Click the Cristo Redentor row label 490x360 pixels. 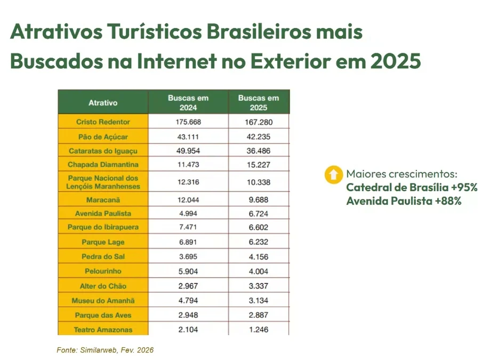[103, 122]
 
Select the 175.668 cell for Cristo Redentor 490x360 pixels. [188, 122]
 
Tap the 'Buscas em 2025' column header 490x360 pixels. [259, 102]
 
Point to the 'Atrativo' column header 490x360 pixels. [103, 102]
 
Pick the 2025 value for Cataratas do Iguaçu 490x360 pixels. [259, 151]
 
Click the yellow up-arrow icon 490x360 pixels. [333, 174]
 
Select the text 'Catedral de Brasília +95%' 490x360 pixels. [411, 188]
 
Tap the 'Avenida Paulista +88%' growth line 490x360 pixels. [404, 202]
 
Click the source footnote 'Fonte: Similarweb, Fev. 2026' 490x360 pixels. [105, 350]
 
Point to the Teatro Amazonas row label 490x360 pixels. [103, 330]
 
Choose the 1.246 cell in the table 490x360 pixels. [259, 330]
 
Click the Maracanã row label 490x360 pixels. [103, 200]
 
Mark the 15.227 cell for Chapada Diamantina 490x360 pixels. [259, 165]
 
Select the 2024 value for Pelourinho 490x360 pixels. [188, 271]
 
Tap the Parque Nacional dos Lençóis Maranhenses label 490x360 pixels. [103, 182]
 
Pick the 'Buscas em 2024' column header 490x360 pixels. [188, 102]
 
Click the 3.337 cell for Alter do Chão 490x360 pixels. [259, 286]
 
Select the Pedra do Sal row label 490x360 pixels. [103, 257]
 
